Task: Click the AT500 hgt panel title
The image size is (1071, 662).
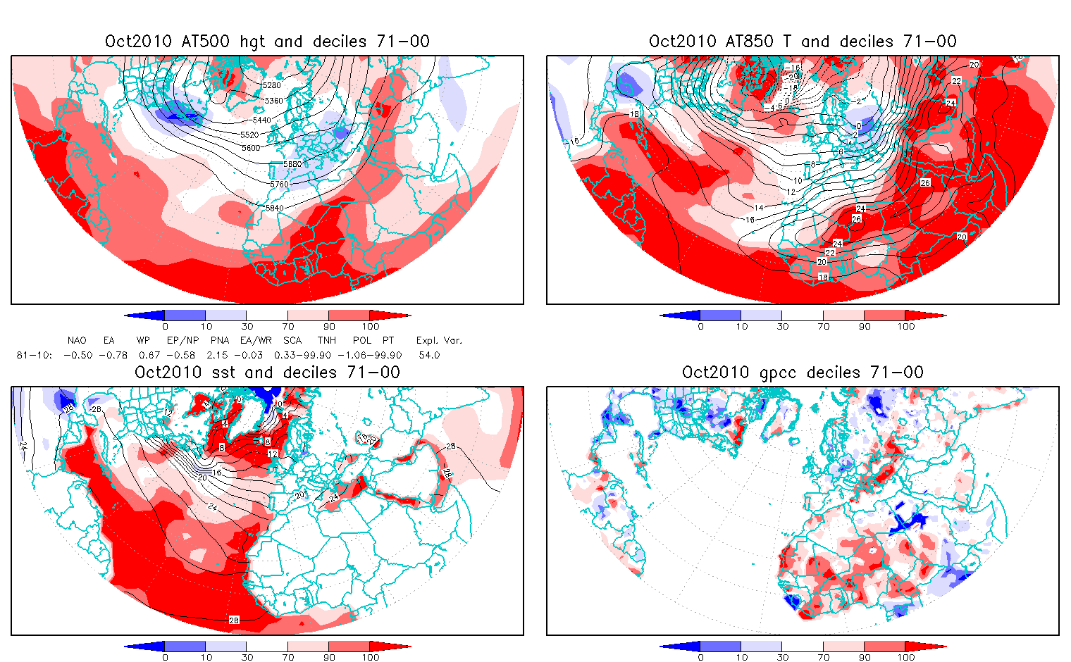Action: point(267,42)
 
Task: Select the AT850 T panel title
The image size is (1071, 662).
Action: point(803,42)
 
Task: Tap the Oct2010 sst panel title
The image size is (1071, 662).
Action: point(267,373)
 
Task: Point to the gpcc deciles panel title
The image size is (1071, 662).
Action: point(803,373)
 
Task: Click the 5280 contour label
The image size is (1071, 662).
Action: point(271,85)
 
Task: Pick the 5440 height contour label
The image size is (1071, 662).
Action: point(261,120)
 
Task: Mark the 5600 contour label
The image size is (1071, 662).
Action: point(251,148)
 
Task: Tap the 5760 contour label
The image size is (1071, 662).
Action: point(279,184)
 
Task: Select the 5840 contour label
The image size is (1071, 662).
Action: point(274,208)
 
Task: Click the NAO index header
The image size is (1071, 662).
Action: point(77,340)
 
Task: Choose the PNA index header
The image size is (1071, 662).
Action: point(220,340)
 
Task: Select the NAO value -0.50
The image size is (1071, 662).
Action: point(78,355)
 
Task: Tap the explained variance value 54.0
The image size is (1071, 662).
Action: point(429,355)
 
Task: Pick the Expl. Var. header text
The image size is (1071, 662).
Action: point(439,340)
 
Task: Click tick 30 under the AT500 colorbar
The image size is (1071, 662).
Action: point(247,326)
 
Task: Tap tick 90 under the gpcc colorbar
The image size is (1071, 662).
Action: point(865,657)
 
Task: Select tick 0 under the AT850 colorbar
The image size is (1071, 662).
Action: point(700,326)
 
